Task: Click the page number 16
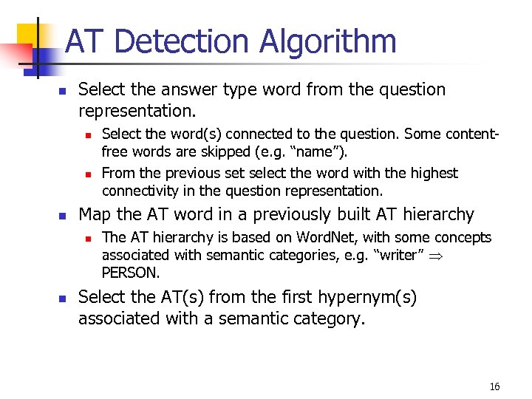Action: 494,386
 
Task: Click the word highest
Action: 431,173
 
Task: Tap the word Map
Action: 94,214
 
